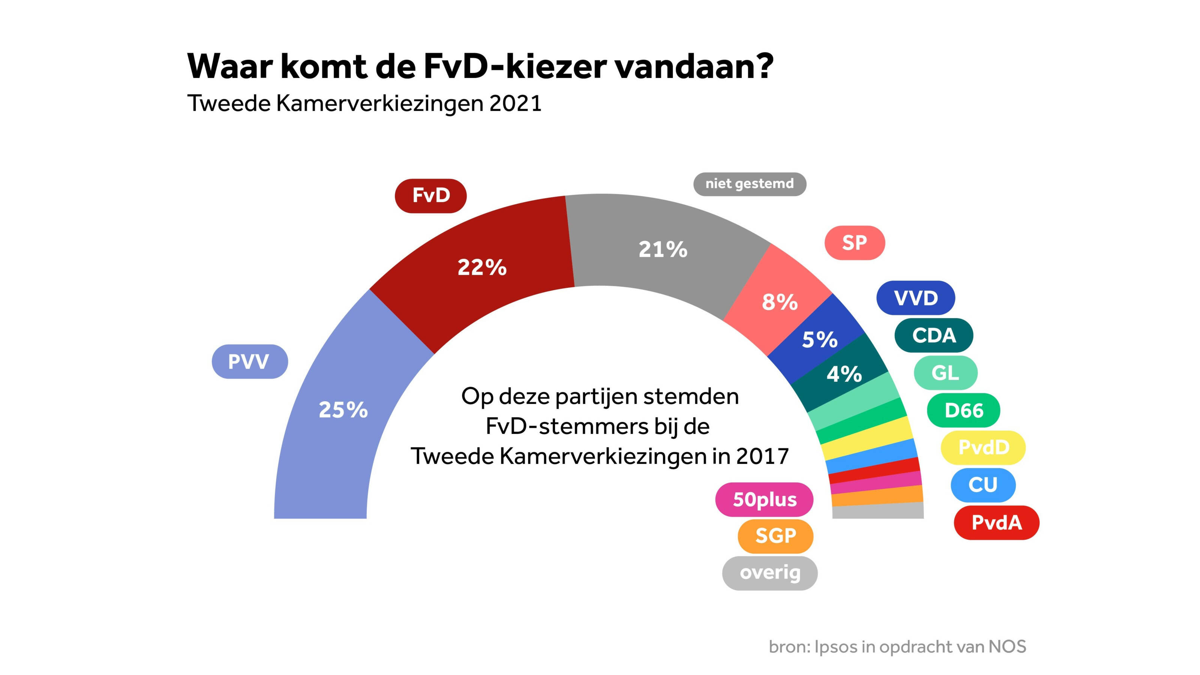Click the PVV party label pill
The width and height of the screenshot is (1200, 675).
(x=250, y=361)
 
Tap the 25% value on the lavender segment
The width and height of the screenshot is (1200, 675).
(x=343, y=410)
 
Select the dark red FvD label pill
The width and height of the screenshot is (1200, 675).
(x=430, y=196)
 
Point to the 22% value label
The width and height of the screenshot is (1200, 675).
(x=481, y=268)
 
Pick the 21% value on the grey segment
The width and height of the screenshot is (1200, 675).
(x=662, y=250)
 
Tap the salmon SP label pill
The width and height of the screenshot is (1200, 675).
(x=854, y=243)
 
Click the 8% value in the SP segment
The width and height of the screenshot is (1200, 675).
(x=779, y=302)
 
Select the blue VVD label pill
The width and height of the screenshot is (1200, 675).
(x=915, y=298)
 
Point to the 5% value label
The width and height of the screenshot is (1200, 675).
(x=819, y=340)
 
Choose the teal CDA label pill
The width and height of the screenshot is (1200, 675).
(x=933, y=335)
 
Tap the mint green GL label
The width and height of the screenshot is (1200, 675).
(x=945, y=373)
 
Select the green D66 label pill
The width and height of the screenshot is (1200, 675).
(x=963, y=410)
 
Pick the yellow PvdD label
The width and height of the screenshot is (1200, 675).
(x=983, y=448)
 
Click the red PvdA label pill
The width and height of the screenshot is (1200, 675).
(x=996, y=523)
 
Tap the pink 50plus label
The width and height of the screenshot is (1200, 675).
(x=765, y=499)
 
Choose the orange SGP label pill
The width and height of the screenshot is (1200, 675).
(x=775, y=536)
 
